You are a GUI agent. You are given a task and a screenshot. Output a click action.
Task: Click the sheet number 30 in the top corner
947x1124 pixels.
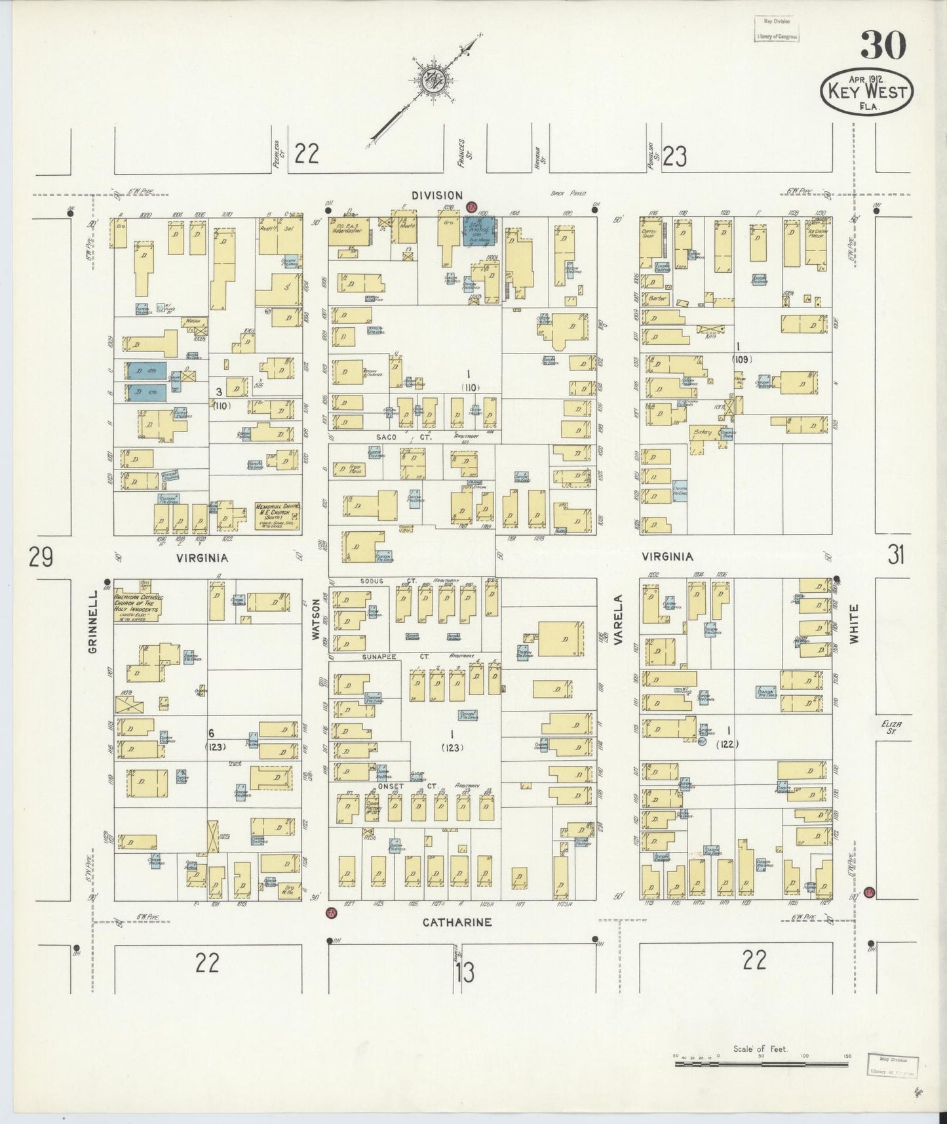tap(883, 46)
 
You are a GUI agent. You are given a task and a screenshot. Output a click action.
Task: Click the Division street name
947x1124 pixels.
tap(437, 195)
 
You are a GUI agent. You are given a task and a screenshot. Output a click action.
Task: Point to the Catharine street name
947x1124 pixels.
tap(457, 922)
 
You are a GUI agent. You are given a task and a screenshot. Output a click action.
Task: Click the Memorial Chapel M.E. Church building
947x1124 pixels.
tap(277, 516)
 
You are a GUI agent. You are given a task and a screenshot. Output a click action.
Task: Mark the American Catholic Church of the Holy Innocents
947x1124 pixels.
tap(138, 605)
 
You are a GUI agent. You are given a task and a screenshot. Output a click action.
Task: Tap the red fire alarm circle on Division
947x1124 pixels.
tap(471, 207)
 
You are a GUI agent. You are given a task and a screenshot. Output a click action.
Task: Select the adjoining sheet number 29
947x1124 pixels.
tap(41, 558)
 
